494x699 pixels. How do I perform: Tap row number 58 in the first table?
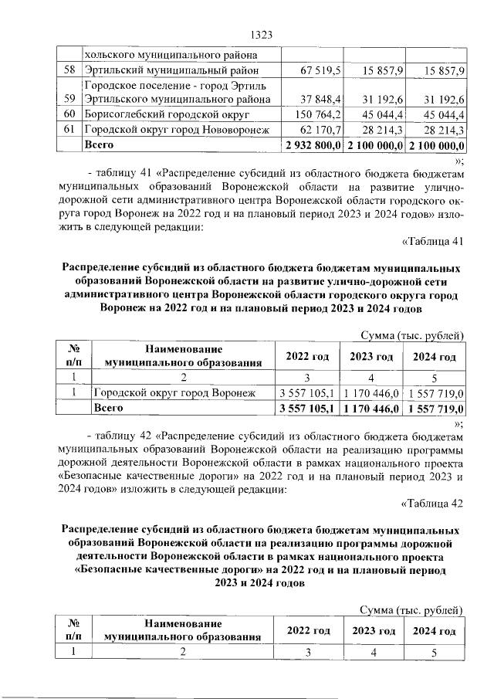71,71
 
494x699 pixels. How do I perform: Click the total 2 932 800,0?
313,144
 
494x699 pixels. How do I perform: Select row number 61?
71,130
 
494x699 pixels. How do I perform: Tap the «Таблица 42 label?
433,504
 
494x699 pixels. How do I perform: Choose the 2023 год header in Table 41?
372,357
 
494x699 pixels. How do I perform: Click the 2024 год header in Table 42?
434,631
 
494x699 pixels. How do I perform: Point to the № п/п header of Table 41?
76,357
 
